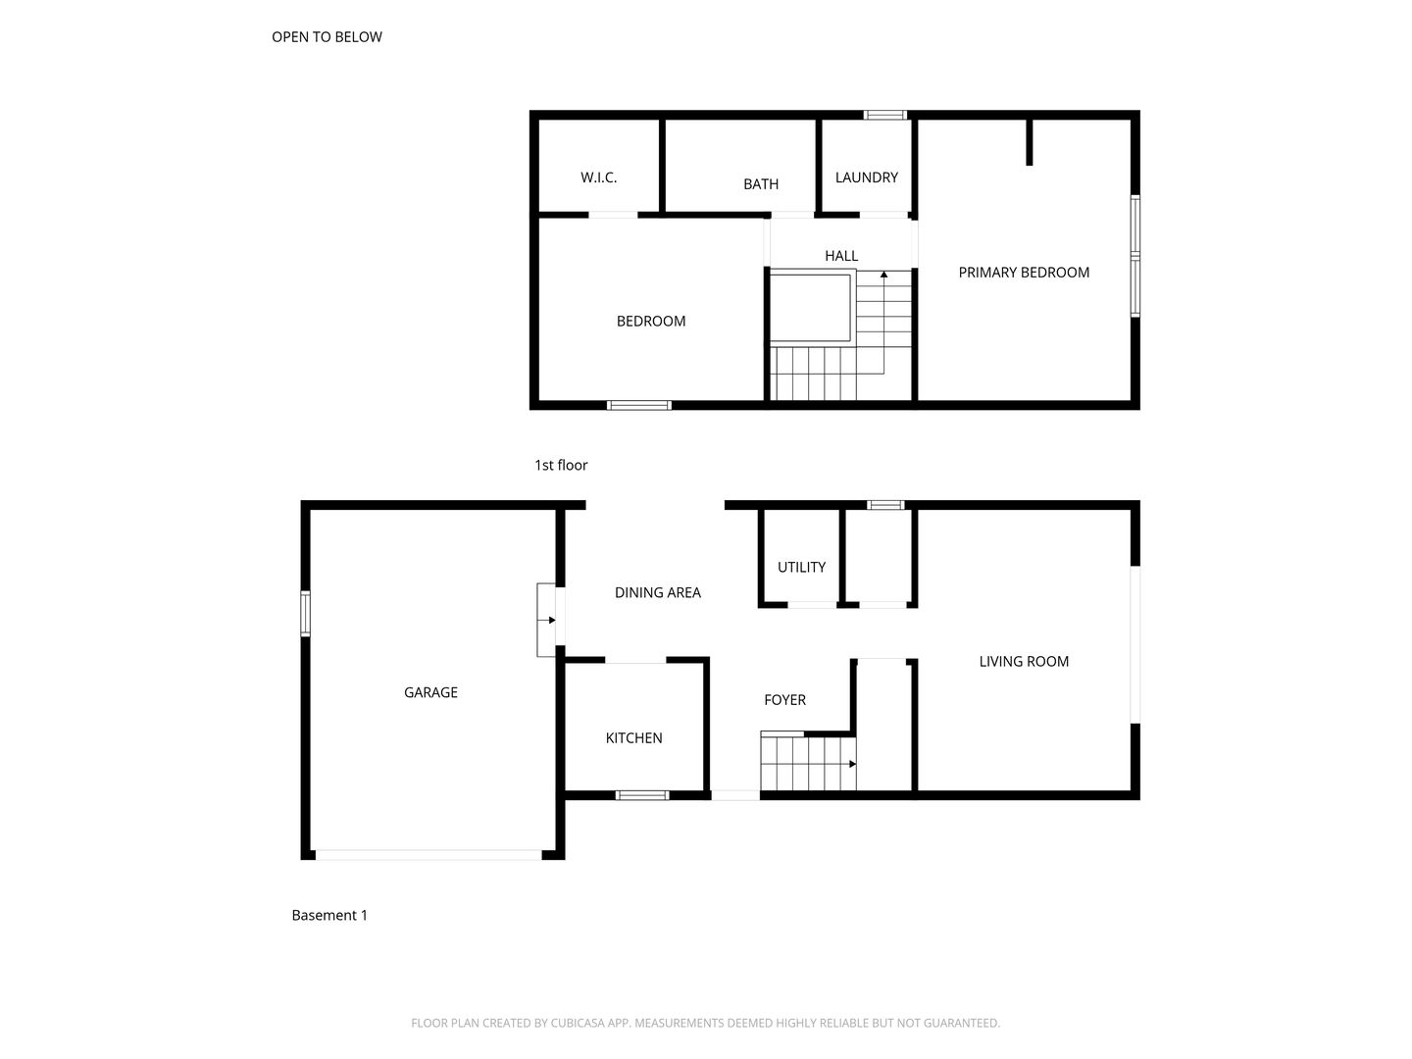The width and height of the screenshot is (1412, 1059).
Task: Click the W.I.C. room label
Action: [598, 177]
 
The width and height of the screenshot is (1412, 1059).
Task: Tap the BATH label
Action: [760, 183]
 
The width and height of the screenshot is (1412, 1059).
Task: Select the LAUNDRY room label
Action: [866, 177]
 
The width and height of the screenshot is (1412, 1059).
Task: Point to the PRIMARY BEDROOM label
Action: [1023, 273]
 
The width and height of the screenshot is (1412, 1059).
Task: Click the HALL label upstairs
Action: [840, 256]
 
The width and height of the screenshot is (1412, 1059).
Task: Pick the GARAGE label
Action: [430, 692]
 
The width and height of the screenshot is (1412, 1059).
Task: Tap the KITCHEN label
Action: [633, 738]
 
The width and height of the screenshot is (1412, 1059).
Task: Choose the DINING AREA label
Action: [657, 592]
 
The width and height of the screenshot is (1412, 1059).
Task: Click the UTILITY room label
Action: [801, 567]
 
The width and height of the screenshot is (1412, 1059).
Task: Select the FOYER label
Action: [784, 700]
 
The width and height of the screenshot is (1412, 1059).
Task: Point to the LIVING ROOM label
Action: [1023, 662]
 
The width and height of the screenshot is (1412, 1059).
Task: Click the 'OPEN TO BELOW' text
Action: [327, 37]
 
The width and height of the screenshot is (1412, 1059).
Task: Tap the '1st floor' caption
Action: [560, 466]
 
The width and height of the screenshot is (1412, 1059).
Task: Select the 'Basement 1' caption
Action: [329, 916]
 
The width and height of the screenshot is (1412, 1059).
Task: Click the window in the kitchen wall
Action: [642, 795]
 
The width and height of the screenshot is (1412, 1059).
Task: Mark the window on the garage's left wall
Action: [305, 614]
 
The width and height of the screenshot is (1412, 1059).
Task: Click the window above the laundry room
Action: [884, 115]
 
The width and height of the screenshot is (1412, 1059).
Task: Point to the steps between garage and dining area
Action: [546, 620]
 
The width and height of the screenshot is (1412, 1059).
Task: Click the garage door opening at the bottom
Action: [429, 855]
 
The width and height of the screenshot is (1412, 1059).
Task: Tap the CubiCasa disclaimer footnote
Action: [705, 1023]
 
